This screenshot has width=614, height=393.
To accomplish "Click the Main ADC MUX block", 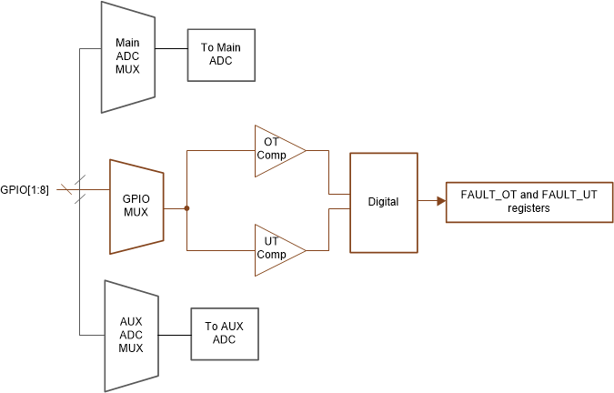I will pos(127,55).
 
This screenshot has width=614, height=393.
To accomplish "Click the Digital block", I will pos(383,202).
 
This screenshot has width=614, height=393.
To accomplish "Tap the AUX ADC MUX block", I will pos(131,334).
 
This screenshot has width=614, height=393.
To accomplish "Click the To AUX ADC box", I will pos(225,334).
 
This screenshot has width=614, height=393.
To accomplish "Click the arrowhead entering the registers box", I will pos(440,201).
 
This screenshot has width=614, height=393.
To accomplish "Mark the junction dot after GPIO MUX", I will pos(186,208).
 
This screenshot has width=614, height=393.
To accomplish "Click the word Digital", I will pos(383,202).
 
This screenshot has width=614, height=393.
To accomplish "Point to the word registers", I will pos(528,208).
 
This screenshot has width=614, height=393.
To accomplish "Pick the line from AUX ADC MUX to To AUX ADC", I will pos(175,334).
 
